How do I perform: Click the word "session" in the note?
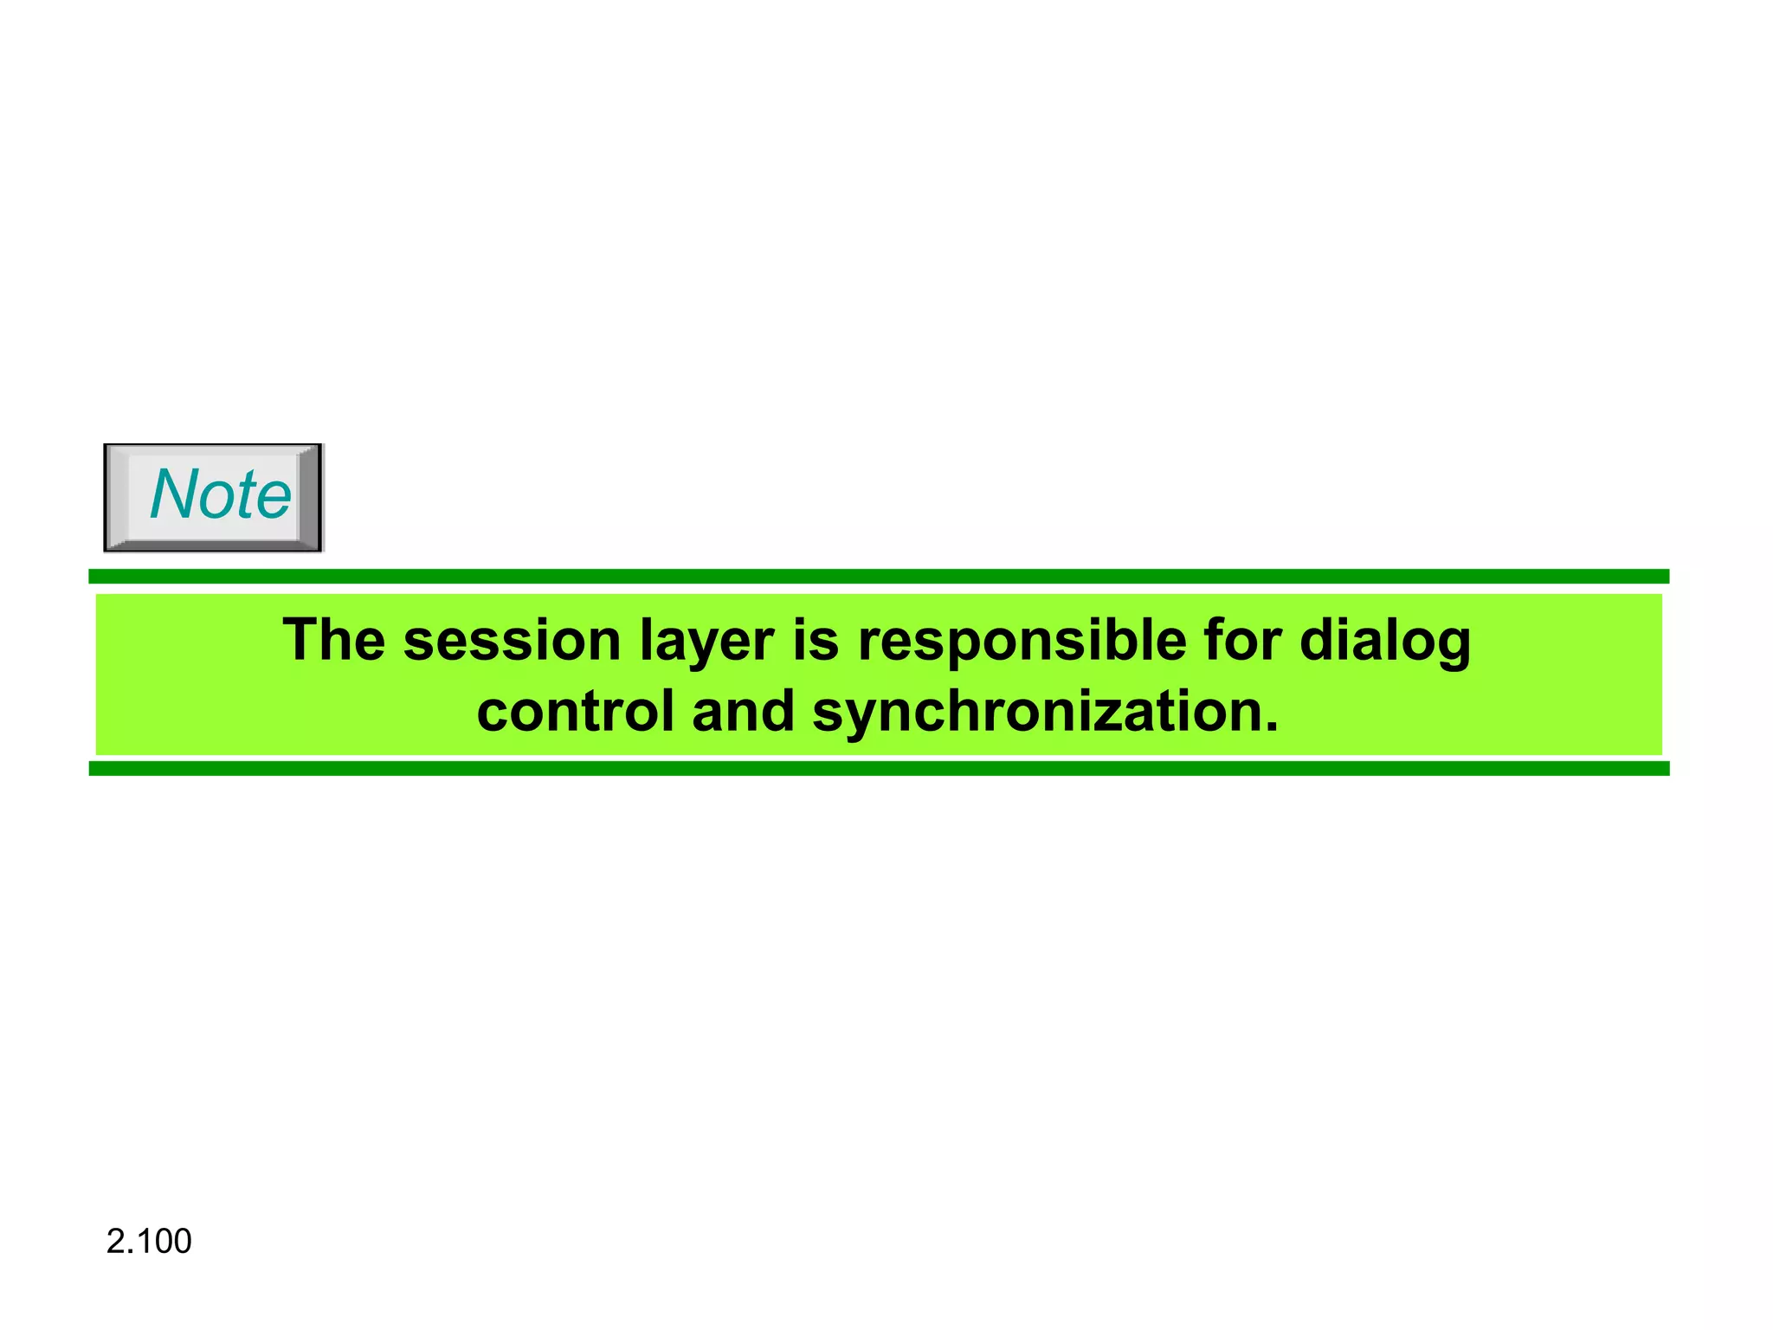point(512,642)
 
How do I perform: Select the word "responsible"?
point(1022,642)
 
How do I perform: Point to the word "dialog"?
point(1384,642)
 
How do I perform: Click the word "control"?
point(575,712)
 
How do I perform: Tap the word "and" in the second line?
point(743,712)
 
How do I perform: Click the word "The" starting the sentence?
point(333,642)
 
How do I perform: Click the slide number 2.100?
point(149,1242)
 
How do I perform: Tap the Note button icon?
point(213,497)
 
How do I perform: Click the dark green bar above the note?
point(879,577)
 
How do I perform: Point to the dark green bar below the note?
point(879,769)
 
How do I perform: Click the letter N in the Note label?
point(173,494)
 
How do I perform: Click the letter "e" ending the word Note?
point(274,500)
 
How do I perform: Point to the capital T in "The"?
point(300,642)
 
